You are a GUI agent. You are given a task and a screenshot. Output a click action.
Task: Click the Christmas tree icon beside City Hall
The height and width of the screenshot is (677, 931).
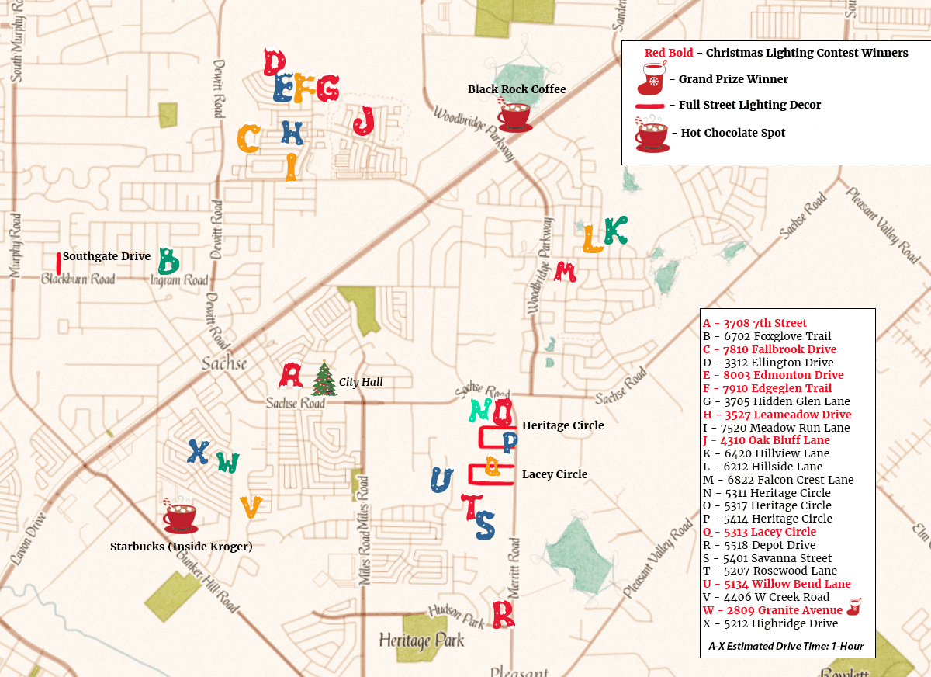324,379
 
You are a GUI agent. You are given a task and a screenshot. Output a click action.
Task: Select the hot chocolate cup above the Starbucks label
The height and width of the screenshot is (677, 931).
180,516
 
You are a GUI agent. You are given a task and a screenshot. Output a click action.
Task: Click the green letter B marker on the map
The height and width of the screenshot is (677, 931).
168,262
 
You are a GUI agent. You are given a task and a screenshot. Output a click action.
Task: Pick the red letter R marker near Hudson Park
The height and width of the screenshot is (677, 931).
504,614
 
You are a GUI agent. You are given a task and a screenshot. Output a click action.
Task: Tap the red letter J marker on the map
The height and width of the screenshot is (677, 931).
364,121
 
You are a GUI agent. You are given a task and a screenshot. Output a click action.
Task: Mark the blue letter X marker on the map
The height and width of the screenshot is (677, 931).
199,452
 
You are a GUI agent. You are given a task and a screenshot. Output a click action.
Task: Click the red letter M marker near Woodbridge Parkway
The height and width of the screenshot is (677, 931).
566,272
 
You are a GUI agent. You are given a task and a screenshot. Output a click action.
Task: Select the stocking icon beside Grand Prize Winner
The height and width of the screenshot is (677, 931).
652,79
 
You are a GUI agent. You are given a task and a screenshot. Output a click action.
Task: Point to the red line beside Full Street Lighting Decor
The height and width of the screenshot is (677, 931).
650,106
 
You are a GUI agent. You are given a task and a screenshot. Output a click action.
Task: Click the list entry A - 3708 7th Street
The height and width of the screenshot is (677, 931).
755,323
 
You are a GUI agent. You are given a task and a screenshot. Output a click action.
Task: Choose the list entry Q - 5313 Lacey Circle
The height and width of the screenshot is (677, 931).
760,532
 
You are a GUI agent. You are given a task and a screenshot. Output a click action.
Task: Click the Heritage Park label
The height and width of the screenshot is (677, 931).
421,641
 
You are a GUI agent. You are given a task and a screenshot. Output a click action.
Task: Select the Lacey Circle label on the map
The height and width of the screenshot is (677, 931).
555,474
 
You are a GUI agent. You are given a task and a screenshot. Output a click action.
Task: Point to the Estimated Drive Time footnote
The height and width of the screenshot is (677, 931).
786,646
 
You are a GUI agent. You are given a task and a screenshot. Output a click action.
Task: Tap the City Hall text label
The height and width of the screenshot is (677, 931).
361,382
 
